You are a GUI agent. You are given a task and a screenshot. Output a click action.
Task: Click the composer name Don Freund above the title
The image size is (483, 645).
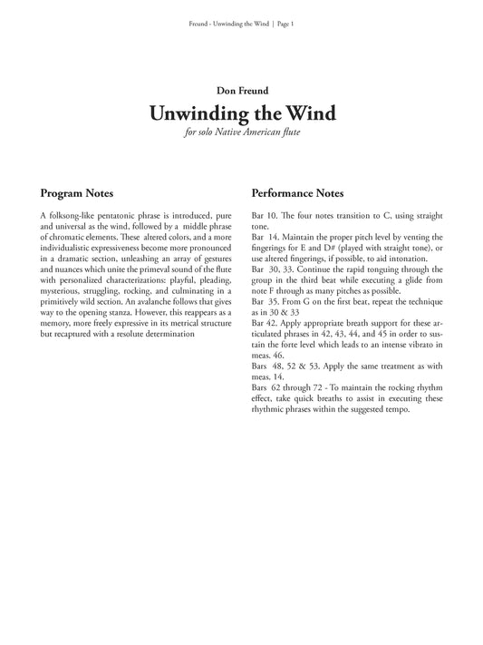pyautogui.click(x=241, y=91)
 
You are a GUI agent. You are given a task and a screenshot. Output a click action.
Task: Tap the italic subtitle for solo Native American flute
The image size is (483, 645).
pyautogui.click(x=241, y=134)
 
